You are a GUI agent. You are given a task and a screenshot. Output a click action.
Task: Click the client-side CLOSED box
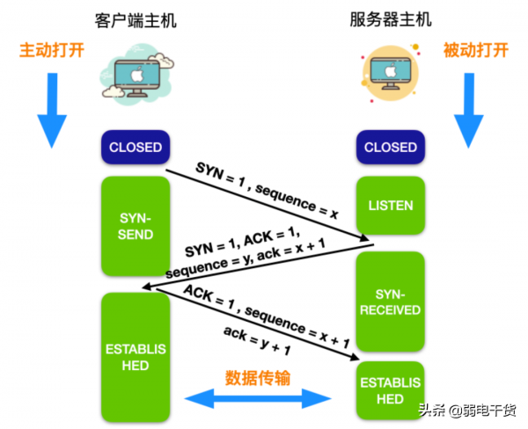click(135, 147)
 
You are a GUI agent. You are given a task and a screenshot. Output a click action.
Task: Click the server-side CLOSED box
click(390, 147)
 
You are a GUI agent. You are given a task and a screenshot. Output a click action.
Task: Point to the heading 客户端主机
click(135, 19)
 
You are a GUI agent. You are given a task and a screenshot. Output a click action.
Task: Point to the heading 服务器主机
click(390, 19)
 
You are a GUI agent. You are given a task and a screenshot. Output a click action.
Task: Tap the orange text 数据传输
click(258, 377)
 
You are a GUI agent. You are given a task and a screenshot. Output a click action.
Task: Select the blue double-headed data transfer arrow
click(258, 400)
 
